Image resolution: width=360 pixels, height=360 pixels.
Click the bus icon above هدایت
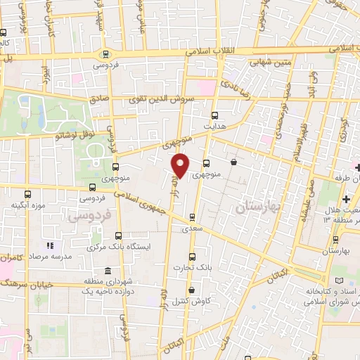(214, 115)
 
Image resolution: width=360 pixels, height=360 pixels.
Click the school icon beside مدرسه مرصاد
(50, 245)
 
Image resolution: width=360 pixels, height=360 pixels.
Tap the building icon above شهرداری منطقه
(107, 271)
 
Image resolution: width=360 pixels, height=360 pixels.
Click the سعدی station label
(191, 229)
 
